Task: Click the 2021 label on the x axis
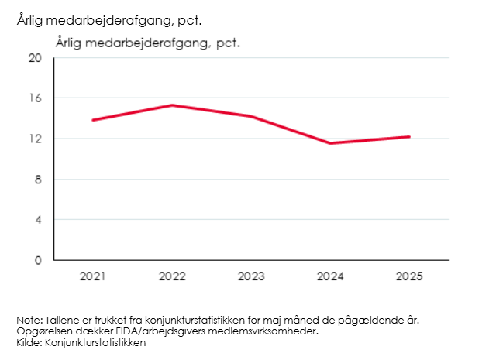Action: click(x=92, y=276)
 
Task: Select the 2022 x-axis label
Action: click(x=171, y=276)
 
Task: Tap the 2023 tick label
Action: click(x=250, y=276)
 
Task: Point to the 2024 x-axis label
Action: click(x=329, y=276)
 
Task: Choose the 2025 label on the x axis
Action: click(x=408, y=276)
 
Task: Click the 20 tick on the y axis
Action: click(x=36, y=58)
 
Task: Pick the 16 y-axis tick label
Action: click(x=36, y=98)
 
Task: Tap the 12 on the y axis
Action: click(x=36, y=139)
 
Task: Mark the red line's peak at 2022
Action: click(x=171, y=105)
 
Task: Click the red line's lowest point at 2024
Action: click(x=329, y=143)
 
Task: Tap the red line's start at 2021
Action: click(x=93, y=120)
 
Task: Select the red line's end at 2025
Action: click(x=409, y=137)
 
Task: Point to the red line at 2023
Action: click(x=250, y=116)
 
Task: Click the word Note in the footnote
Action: click(x=27, y=321)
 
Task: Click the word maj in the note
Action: click(x=271, y=321)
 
